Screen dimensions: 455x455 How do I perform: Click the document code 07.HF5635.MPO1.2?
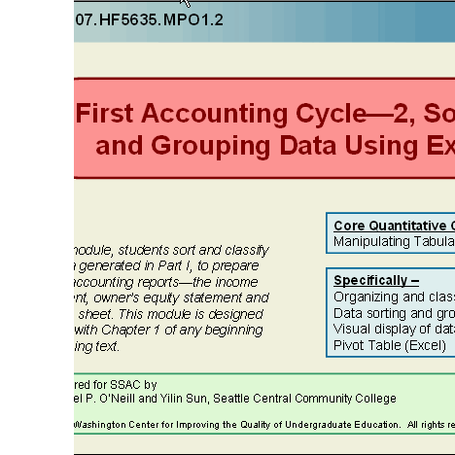click(150, 18)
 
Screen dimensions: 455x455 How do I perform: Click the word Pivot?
click(349, 345)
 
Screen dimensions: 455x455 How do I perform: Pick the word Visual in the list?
click(353, 329)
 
